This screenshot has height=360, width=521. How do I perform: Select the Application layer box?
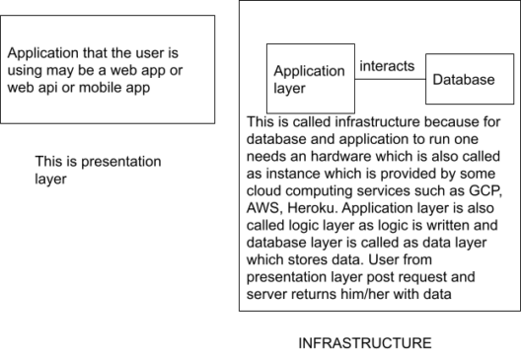[x=309, y=78]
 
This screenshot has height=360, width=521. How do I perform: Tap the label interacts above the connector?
[x=386, y=66]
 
